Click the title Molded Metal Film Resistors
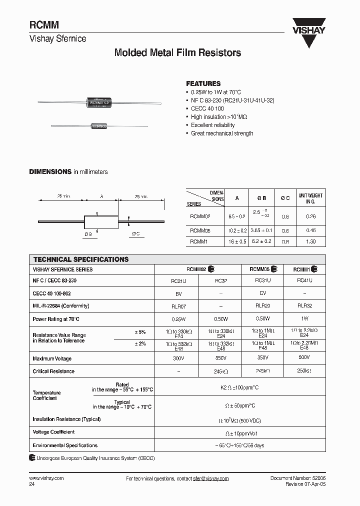tap(177, 52)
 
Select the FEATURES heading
tap(203, 83)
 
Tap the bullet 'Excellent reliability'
tap(212, 125)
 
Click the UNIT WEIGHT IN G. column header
tap(310, 198)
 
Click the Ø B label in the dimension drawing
tap(88, 233)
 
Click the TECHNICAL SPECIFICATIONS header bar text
tap(80, 259)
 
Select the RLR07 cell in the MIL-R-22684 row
tap(178, 305)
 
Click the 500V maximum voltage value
tap(304, 358)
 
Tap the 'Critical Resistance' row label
tap(53, 371)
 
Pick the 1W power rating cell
tap(304, 318)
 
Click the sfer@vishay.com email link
tap(210, 478)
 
